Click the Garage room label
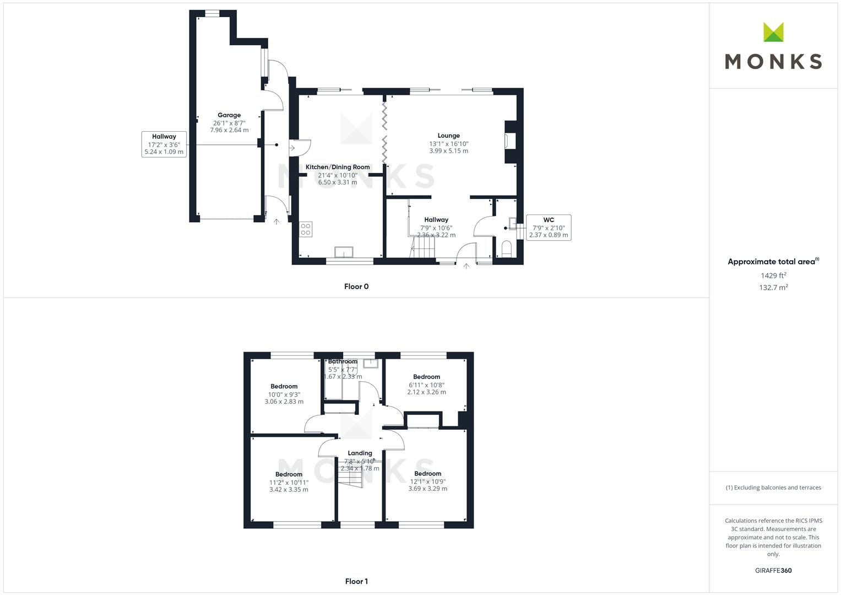tap(229, 116)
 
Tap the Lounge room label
tap(448, 136)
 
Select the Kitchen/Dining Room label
tap(338, 167)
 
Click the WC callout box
tap(549, 228)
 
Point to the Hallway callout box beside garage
tap(164, 144)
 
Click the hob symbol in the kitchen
tap(306, 229)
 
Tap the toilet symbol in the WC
tap(507, 248)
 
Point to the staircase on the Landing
tap(351, 477)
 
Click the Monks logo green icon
tap(773, 33)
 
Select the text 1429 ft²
tap(773, 275)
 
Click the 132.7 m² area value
tap(773, 288)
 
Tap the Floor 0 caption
tap(356, 286)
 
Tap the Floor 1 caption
tap(356, 581)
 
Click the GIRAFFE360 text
tap(773, 571)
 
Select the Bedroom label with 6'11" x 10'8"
tap(426, 377)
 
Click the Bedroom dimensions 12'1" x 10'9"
tap(427, 482)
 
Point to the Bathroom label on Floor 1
tap(343, 361)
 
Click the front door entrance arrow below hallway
tap(466, 267)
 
